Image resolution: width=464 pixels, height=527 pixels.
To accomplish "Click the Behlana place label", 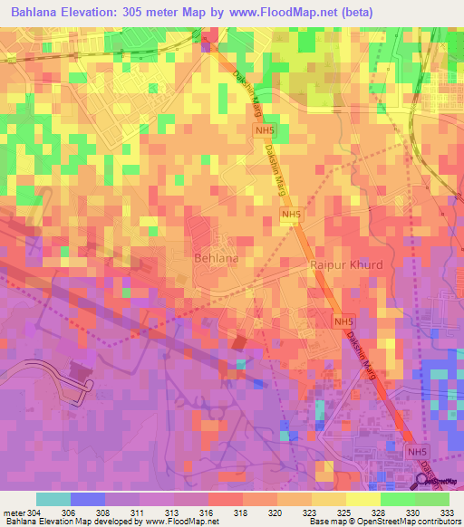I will coord(217,258).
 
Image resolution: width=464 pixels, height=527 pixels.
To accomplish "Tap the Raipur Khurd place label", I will coord(347,265).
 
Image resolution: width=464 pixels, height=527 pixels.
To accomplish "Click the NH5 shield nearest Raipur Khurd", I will coord(290,215).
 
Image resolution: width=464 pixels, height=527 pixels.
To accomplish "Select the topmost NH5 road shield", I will coord(261,132).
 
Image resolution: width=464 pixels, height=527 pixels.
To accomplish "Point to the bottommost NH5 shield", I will coord(416,452).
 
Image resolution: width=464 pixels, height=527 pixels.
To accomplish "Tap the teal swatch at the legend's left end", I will coord(53,499).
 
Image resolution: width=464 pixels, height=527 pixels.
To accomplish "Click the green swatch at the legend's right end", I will coord(432,499).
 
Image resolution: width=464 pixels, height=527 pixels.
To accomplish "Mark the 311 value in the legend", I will coord(140,513).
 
